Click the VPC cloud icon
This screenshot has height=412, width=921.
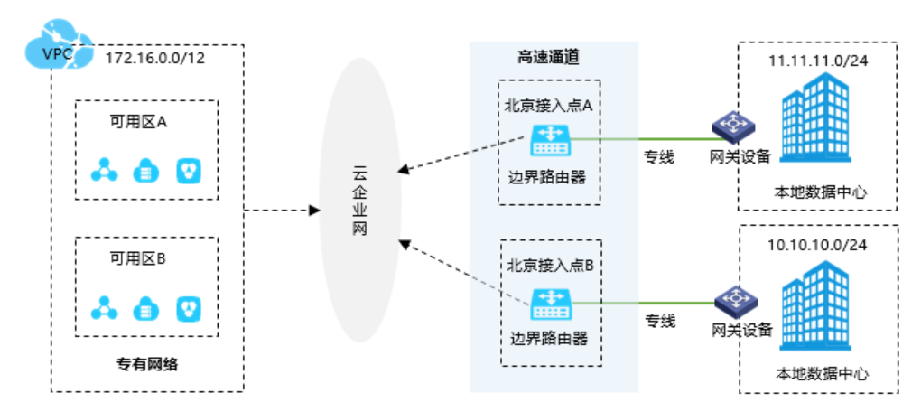tap(56, 52)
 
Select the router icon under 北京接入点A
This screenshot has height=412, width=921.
tap(549, 139)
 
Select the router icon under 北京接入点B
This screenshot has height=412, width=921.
tap(549, 302)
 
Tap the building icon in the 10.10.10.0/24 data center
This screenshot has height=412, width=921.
tap(815, 307)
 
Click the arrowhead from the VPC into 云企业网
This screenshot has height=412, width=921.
tap(315, 211)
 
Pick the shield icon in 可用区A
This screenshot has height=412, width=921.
tap(190, 170)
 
